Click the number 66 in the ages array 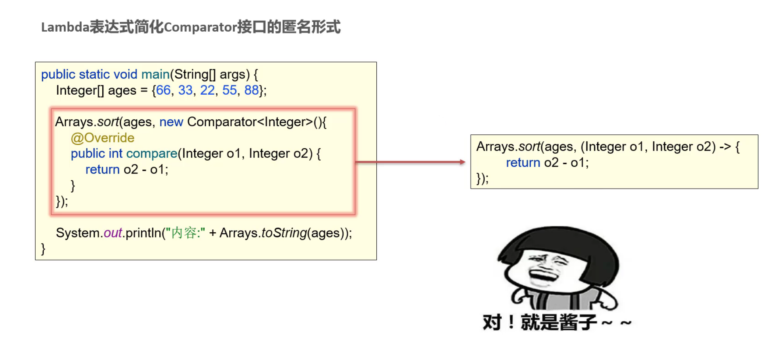coord(163,90)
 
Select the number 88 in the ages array coord(251,90)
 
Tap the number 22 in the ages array coord(207,90)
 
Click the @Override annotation coord(103,138)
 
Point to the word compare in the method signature coord(152,154)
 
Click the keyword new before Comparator coord(171,122)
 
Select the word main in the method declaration coord(155,74)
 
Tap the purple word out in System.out coord(113,233)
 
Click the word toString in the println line coord(284,233)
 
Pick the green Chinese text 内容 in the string coord(184,233)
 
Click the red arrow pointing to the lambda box coord(410,162)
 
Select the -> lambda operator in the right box coord(725,146)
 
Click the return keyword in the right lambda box coord(523,163)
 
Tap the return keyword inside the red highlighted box coord(102,170)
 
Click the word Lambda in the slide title coord(65,27)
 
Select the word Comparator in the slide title coord(200,27)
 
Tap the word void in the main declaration coord(125,74)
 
